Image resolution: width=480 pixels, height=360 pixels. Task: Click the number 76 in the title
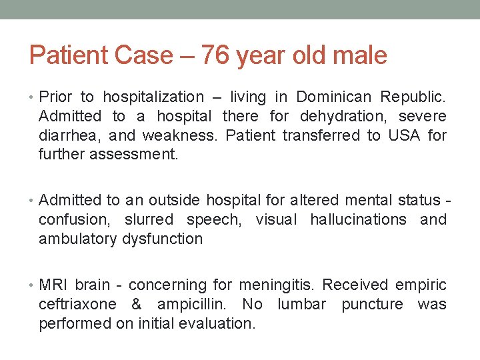[215, 55]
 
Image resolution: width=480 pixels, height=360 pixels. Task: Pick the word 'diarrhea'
[69, 136]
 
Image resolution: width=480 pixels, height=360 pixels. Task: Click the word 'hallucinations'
[358, 219]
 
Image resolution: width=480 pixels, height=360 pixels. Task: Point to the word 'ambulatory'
[78, 239]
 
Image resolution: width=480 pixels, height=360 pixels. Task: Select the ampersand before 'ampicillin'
[136, 305]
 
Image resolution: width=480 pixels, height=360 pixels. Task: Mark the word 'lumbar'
[302, 305]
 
